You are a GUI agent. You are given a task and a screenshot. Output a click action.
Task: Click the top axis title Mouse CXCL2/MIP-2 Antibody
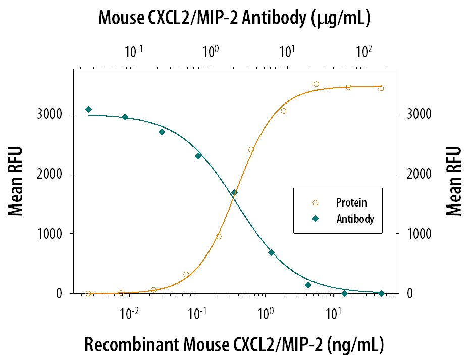pos(234,18)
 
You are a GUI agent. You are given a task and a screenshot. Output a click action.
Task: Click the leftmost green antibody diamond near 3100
pos(88,109)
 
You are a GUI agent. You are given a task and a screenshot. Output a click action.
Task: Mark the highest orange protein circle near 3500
pos(316,84)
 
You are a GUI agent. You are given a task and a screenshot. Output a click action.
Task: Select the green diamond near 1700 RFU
pos(234,193)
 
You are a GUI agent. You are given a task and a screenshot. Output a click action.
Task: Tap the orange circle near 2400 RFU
pos(251,150)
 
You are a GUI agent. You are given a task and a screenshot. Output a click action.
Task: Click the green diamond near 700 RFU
pos(271,253)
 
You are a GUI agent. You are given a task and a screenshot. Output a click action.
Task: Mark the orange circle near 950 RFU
pos(219,236)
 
